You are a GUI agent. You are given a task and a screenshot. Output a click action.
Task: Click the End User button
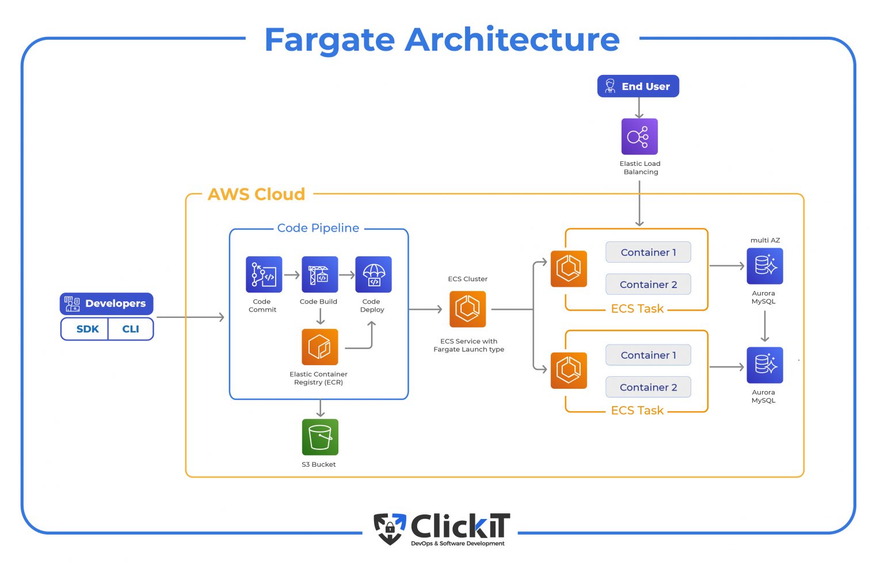click(638, 86)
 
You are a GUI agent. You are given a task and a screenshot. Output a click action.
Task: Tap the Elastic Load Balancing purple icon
click(639, 137)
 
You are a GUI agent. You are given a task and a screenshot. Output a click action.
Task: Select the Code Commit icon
click(264, 274)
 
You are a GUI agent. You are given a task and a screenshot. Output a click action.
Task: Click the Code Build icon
click(319, 274)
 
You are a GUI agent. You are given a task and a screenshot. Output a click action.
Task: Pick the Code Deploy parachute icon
click(374, 274)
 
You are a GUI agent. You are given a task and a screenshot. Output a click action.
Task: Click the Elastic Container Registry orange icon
click(319, 347)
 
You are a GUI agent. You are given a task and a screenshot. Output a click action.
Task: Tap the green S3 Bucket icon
click(320, 437)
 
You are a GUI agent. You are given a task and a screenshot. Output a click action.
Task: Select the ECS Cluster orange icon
click(467, 309)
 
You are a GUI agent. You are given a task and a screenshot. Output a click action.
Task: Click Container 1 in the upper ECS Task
click(648, 252)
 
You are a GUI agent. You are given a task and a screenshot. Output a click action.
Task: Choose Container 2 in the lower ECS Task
click(648, 387)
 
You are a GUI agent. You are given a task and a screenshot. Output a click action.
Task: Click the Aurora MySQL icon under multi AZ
click(764, 266)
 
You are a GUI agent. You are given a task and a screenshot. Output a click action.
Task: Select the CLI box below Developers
click(131, 329)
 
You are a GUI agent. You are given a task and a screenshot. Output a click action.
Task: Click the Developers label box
click(106, 304)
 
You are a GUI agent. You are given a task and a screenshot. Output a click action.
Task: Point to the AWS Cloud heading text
click(256, 194)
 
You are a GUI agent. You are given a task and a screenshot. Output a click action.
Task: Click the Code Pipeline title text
click(318, 228)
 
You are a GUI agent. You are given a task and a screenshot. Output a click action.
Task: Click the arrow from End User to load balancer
click(639, 108)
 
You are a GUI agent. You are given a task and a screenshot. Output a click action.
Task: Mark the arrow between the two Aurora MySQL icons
click(764, 326)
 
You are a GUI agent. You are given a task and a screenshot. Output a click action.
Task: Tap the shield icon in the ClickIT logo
click(390, 528)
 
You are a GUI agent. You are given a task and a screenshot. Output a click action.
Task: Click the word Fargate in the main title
click(329, 40)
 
